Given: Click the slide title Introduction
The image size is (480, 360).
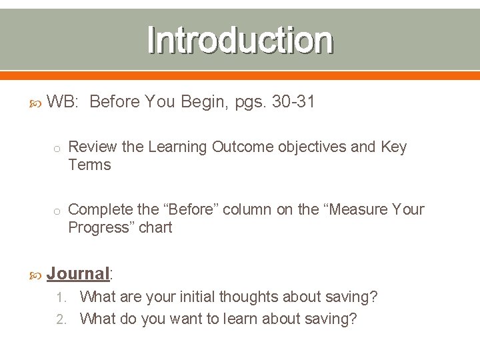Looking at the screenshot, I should [x=240, y=40].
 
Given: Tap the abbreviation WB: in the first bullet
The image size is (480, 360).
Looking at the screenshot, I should [x=64, y=102].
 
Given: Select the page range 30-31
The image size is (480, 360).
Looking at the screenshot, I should [x=293, y=102].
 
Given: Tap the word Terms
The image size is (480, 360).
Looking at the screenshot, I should [x=89, y=165].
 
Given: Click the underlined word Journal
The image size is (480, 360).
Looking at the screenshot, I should [x=78, y=273].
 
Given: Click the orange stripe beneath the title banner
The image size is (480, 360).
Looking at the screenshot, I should [x=240, y=75].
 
